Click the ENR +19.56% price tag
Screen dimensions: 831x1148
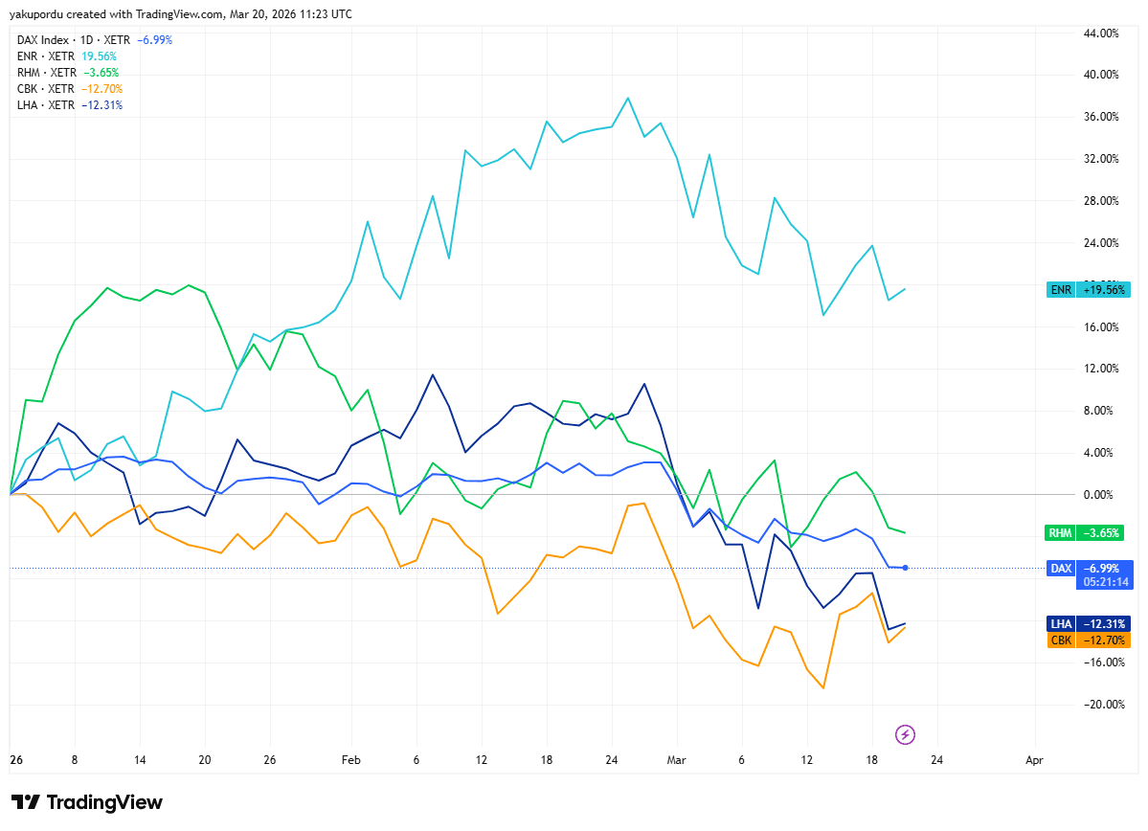1089,289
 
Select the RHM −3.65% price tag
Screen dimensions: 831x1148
1089,532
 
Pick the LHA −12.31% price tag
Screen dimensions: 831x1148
1090,623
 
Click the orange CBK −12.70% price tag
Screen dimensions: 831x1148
1090,640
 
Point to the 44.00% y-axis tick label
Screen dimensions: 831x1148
1100,34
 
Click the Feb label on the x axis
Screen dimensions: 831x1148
351,759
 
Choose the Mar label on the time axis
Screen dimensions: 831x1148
676,759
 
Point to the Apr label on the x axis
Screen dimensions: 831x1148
1034,759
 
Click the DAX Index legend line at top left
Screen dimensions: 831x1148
94,40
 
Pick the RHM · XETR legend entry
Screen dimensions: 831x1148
68,73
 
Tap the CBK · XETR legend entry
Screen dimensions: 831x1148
69,89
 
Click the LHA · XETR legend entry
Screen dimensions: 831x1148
69,105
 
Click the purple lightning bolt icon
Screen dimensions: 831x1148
905,734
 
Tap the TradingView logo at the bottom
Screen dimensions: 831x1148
87,802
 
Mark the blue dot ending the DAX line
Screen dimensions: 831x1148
905,568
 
